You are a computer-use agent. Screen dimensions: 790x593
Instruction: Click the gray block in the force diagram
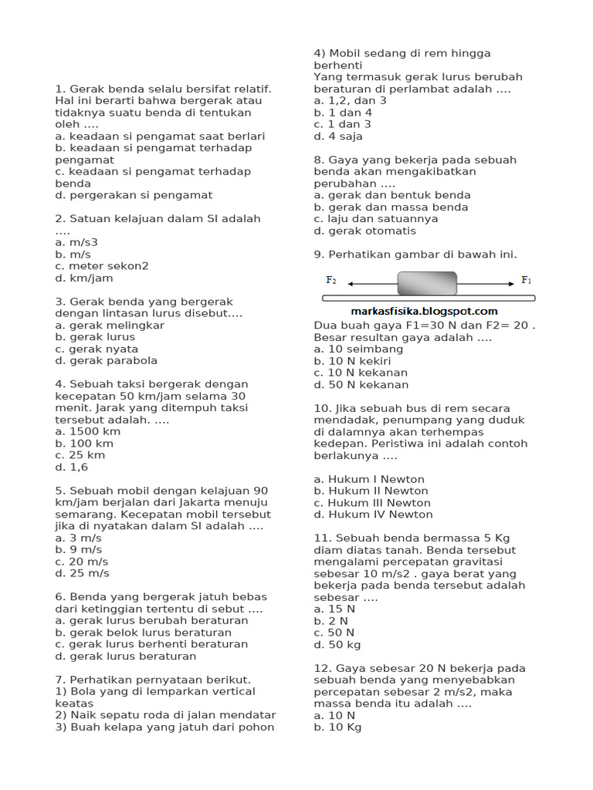(x=427, y=283)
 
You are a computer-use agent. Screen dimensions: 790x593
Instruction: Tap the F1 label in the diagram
(x=527, y=280)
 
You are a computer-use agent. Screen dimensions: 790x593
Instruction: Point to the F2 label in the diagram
(x=330, y=280)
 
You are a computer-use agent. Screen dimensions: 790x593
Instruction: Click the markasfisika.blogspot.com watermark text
(x=424, y=311)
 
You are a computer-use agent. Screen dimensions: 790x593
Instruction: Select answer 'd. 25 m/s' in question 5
(x=82, y=573)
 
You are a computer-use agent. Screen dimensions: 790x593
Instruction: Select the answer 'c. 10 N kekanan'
(x=361, y=373)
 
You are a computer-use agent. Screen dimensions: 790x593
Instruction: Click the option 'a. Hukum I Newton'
(x=368, y=479)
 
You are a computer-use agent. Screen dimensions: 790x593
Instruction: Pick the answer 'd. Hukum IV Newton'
(x=373, y=515)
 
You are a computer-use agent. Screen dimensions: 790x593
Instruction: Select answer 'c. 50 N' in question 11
(x=334, y=633)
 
